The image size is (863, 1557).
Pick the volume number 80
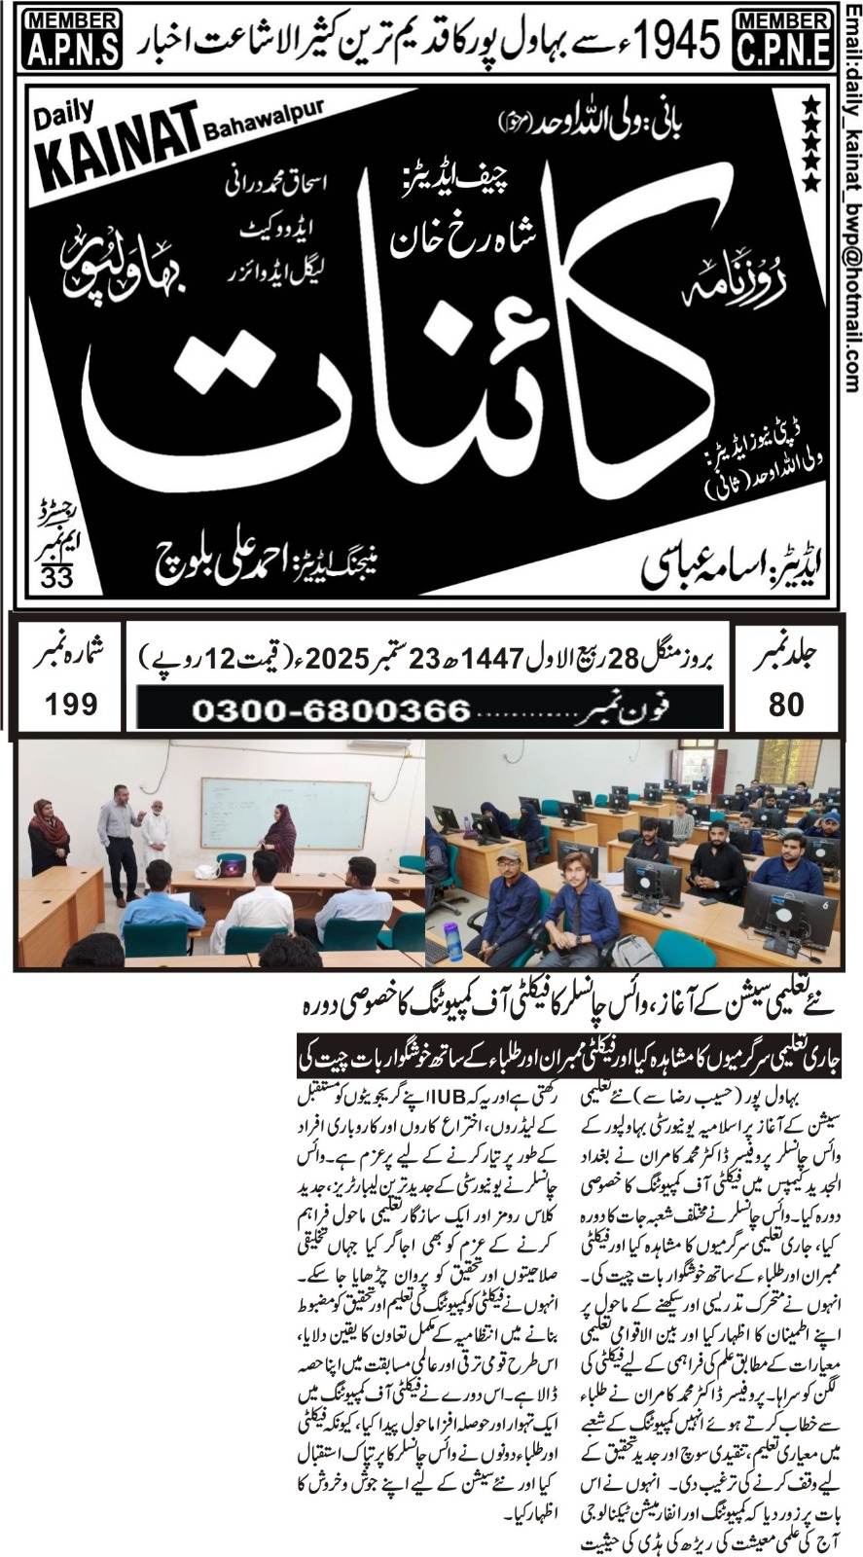pos(785,704)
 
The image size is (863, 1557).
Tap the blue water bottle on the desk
pos(452,942)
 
